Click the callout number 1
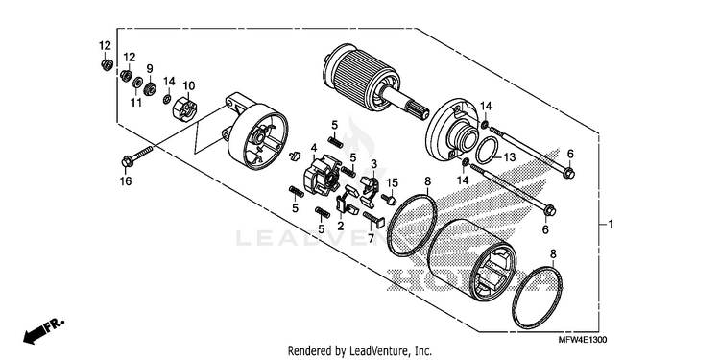click(x=611, y=225)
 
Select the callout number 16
click(x=126, y=181)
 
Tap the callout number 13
click(x=510, y=157)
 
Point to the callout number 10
click(x=189, y=85)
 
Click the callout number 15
click(x=392, y=183)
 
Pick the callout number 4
click(x=314, y=148)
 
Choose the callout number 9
click(x=150, y=68)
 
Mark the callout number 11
click(x=135, y=103)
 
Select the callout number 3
click(x=374, y=164)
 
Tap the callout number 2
click(x=340, y=226)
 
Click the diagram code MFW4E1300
click(x=583, y=340)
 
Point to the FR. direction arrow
click(x=43, y=330)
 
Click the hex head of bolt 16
click(x=127, y=161)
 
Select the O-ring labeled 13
click(x=487, y=152)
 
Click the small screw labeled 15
click(x=389, y=199)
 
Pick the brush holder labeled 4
click(x=320, y=174)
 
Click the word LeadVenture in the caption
click(x=374, y=351)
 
